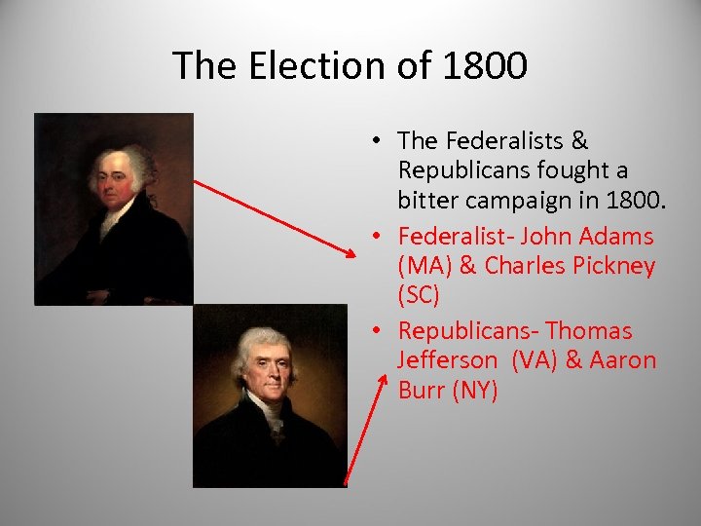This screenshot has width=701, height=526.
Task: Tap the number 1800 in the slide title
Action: coord(484,66)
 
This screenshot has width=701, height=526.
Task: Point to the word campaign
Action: coord(521,203)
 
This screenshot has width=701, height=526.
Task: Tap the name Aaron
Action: coord(623,360)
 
